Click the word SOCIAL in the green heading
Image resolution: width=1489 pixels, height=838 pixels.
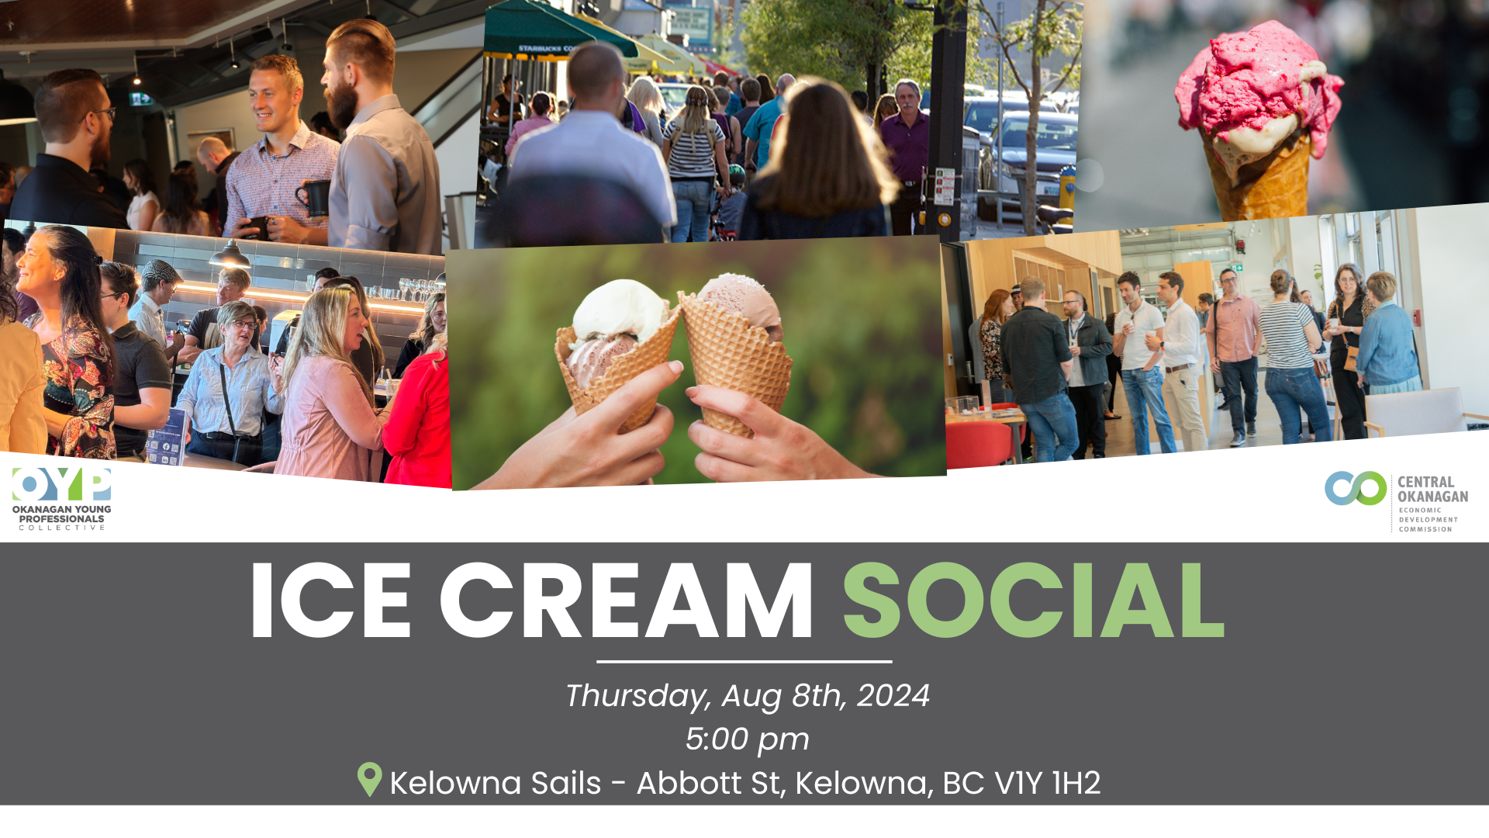[1034, 601]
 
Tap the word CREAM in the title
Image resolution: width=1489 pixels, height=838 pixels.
[627, 601]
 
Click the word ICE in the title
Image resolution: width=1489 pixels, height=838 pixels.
[331, 601]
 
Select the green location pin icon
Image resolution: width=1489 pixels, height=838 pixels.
[369, 779]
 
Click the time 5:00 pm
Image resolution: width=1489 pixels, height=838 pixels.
[747, 739]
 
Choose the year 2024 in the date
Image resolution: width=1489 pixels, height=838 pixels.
[893, 695]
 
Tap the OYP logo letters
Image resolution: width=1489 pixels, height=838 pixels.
[62, 485]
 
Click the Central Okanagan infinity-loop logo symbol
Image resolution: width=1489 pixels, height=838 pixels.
[1356, 488]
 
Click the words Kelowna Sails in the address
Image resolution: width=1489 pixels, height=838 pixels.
[496, 783]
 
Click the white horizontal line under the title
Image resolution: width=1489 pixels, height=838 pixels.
[744, 662]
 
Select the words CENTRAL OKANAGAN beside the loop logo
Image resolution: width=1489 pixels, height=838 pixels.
[1432, 489]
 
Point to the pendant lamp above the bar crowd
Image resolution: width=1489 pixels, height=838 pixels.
[230, 256]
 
